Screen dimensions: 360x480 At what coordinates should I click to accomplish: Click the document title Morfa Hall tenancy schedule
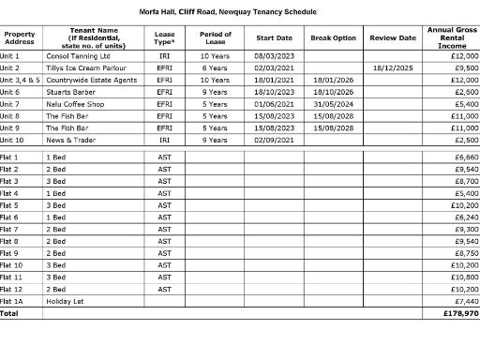click(x=240, y=11)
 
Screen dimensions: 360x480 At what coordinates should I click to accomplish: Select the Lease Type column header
click(x=164, y=37)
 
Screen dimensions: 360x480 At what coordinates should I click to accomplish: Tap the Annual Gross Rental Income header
click(x=452, y=37)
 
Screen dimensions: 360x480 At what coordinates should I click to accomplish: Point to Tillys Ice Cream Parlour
click(x=84, y=68)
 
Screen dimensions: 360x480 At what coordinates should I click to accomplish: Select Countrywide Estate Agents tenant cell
click(x=91, y=81)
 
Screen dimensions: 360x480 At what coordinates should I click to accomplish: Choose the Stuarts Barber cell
click(x=73, y=92)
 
